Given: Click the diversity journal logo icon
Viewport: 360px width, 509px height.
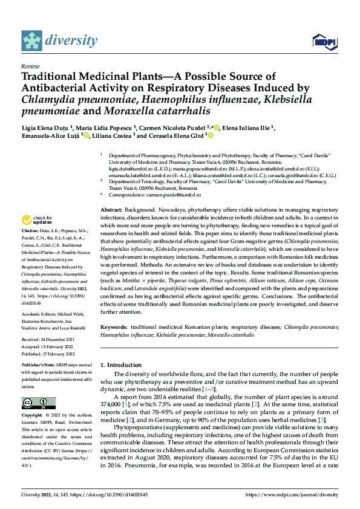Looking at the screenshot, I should (x=32, y=41).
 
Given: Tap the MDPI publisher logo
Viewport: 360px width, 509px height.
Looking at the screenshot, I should (x=324, y=41).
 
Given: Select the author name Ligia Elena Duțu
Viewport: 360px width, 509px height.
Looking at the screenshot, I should (x=46, y=128).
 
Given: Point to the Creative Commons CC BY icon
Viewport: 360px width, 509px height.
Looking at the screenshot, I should (x=38, y=403).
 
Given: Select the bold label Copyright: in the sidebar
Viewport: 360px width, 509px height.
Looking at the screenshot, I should (x=32, y=416).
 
